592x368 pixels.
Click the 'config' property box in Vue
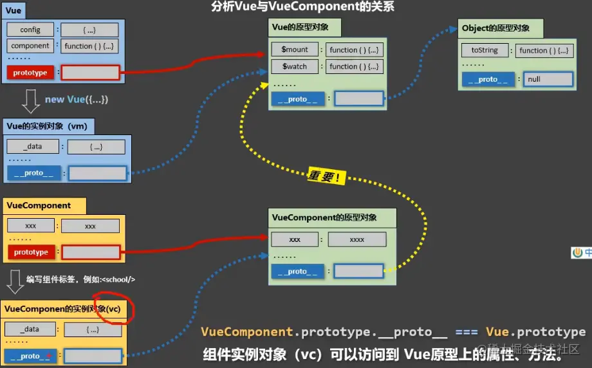[x=30, y=30]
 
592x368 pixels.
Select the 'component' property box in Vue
[x=30, y=46]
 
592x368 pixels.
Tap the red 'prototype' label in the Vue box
[x=30, y=73]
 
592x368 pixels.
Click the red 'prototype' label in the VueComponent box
[x=30, y=252]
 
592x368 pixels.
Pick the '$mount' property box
[x=295, y=50]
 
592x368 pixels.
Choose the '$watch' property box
[x=295, y=66]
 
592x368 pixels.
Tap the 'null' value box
[x=548, y=79]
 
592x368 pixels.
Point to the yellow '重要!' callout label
[x=326, y=176]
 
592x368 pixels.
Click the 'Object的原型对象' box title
[x=495, y=28]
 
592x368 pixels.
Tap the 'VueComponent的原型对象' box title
[x=324, y=217]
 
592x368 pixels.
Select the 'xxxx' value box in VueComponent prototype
[x=356, y=239]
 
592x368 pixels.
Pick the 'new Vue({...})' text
[x=76, y=99]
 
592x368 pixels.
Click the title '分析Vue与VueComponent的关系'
[x=302, y=7]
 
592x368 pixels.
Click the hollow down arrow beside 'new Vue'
[x=30, y=100]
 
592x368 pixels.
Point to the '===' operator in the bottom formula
[x=467, y=332]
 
